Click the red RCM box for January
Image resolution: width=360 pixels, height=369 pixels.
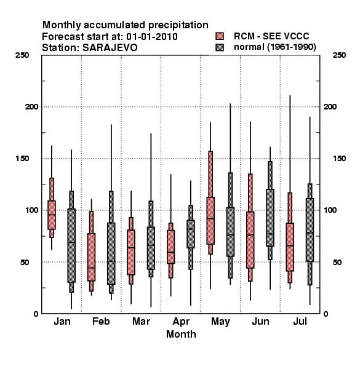[52, 215]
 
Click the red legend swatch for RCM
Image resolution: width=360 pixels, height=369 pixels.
[220, 36]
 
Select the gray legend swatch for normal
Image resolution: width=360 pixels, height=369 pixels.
[220, 47]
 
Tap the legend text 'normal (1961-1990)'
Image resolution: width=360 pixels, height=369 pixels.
[274, 47]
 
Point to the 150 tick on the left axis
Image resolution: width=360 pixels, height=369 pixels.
[22, 159]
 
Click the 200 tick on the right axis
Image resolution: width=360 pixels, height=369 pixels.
[330, 106]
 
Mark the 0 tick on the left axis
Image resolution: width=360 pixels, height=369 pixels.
[36, 314]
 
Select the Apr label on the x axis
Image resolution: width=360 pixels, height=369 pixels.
[181, 321]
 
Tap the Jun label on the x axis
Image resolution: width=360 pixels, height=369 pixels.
[260, 321]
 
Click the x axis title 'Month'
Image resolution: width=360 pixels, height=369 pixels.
[181, 334]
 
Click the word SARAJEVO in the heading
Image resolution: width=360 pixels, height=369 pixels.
[110, 48]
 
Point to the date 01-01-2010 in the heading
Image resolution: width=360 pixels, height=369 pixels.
[152, 36]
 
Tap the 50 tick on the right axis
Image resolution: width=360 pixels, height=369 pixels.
[337, 262]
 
